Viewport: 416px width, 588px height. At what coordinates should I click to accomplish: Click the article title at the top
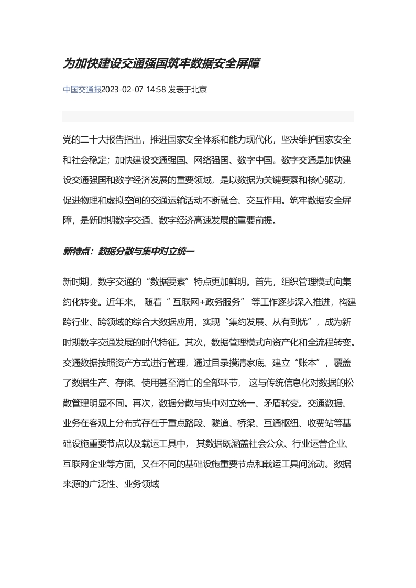tap(161, 64)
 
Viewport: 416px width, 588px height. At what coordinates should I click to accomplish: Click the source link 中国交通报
tap(82, 90)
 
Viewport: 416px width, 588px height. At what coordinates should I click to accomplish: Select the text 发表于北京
tap(188, 90)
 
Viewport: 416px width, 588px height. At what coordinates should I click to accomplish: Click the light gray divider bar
tap(207, 116)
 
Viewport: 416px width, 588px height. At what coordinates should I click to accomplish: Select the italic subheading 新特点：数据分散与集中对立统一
tap(129, 252)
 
